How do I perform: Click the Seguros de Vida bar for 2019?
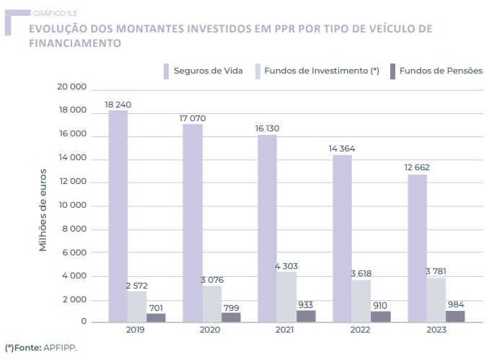point(118,216)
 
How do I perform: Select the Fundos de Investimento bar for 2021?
point(286,296)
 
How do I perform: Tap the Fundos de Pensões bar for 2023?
point(455,316)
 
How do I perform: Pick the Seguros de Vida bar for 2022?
point(342,238)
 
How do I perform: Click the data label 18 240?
point(118,105)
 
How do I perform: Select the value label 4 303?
point(286,266)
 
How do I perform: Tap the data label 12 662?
point(418,168)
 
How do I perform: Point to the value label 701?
point(157,306)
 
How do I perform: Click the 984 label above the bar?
point(455,304)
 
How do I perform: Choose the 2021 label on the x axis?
point(286,330)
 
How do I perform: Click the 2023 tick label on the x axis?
point(436,330)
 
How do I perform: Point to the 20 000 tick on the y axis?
point(72,87)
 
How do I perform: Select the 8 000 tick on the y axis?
point(75,229)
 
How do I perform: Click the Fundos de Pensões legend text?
point(441,71)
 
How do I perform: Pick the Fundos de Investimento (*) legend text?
point(322,71)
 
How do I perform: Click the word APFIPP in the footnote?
point(59,347)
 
